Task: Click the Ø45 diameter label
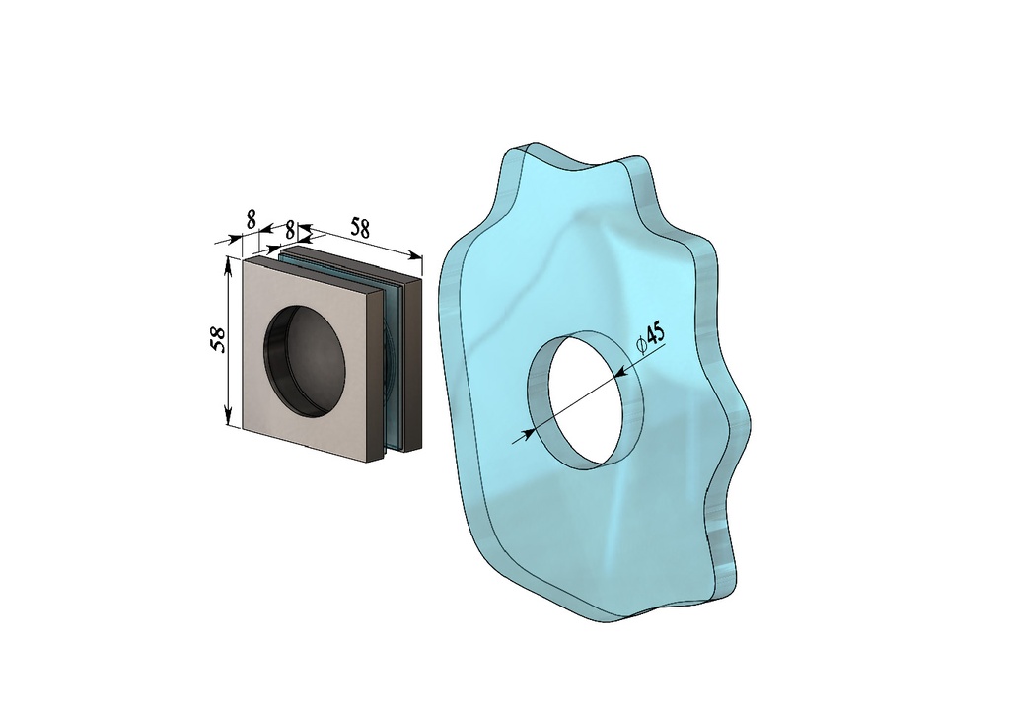(x=652, y=335)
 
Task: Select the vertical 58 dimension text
(x=217, y=339)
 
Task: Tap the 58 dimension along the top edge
(x=360, y=228)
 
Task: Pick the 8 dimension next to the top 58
(x=289, y=229)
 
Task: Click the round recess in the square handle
(x=306, y=359)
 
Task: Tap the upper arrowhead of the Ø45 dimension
(x=620, y=373)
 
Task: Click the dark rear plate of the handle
(x=413, y=365)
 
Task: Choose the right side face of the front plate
(x=376, y=375)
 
